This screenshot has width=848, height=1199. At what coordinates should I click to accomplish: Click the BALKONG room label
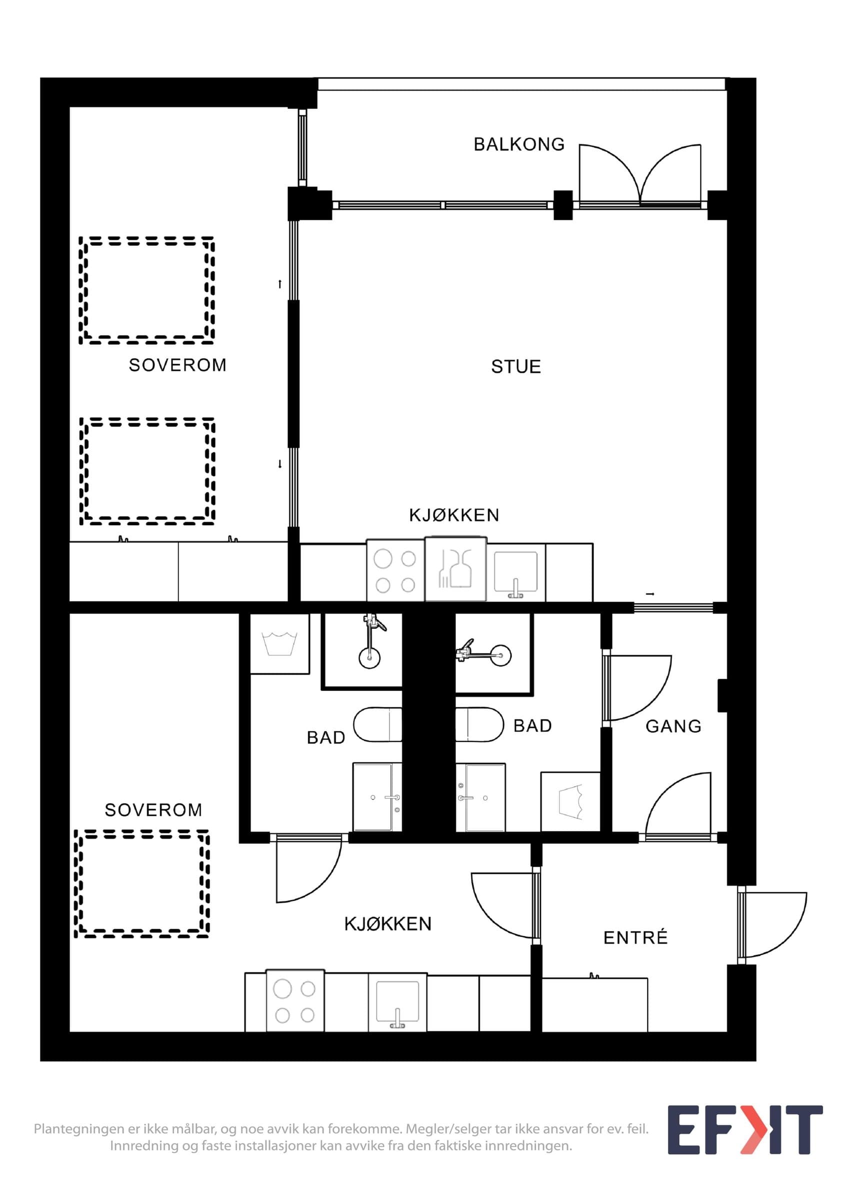(519, 144)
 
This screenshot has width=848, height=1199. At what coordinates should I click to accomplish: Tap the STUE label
(515, 367)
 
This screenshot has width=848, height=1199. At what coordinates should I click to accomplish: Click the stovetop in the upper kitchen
(395, 572)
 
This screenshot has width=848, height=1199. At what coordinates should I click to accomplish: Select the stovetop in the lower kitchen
(295, 1001)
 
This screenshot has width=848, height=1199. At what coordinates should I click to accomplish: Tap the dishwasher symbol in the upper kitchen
(455, 570)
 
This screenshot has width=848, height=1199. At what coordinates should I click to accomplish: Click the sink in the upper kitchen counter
(515, 574)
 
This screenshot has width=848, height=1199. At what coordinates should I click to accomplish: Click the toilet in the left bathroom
(377, 725)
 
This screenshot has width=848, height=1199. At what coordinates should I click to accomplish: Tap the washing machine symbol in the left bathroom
(279, 643)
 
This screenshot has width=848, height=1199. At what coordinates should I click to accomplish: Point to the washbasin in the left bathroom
(377, 797)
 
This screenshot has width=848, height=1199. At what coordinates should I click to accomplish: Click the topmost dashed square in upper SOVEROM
(147, 290)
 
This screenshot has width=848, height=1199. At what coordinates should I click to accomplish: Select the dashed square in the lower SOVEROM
(141, 884)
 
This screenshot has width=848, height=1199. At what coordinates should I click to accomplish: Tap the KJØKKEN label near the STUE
(453, 516)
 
